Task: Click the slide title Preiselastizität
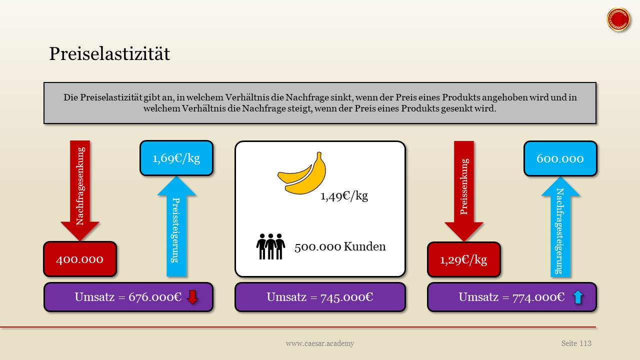click(109, 54)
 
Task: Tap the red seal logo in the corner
click(618, 20)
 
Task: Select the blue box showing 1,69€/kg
click(176, 158)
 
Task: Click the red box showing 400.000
click(80, 259)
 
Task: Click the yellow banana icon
click(302, 173)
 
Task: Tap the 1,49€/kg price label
click(344, 195)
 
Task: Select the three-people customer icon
click(270, 246)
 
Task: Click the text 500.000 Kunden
click(340, 246)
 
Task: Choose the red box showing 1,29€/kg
click(463, 259)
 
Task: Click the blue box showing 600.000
click(560, 158)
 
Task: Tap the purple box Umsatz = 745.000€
click(320, 297)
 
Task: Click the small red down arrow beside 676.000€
click(192, 297)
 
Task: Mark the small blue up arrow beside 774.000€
click(577, 297)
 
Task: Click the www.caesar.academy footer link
click(320, 343)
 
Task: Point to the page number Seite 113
click(576, 343)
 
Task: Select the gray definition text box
click(320, 103)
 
